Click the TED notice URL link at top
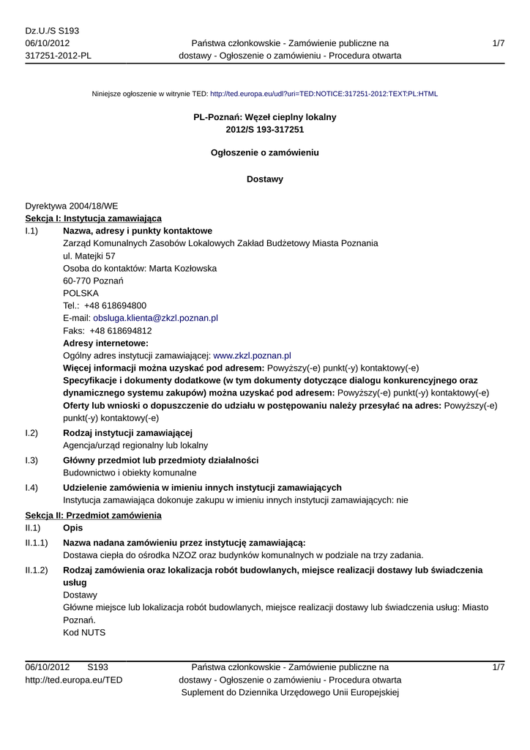coord(324,94)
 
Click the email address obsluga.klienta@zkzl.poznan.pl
coord(155,319)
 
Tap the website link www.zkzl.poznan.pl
coord(252,355)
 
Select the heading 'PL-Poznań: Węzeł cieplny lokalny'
coord(264,117)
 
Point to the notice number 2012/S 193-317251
coord(264,130)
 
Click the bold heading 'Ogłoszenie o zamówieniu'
coord(264,153)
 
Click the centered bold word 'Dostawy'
coord(264,179)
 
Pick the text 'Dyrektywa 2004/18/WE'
coord(71,207)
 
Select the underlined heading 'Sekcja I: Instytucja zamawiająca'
coord(93,218)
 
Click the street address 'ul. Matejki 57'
coord(89,256)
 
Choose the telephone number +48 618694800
coord(115,305)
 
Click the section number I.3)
coord(31,460)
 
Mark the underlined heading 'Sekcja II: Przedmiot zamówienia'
coord(93,516)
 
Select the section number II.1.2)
coord(37,570)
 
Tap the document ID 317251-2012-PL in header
coord(58,56)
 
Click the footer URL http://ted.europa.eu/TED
coord(74,680)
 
